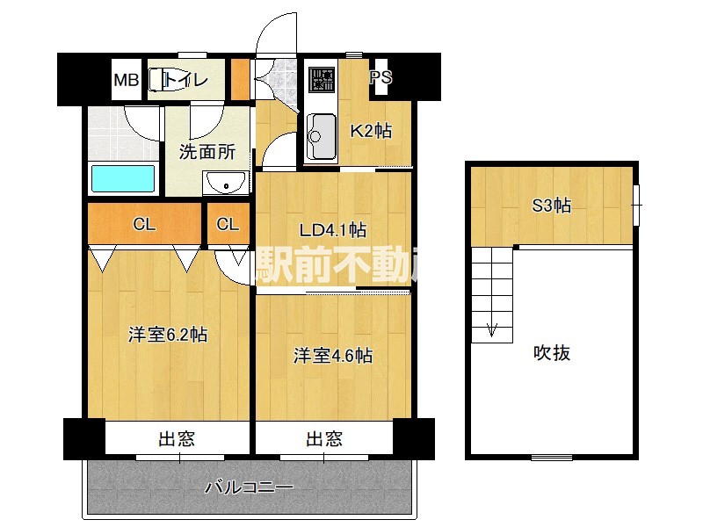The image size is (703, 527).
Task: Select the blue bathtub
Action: pyautogui.click(x=124, y=178)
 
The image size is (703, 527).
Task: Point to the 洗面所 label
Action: pyautogui.click(x=207, y=151)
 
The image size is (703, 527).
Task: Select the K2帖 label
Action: pyautogui.click(x=371, y=131)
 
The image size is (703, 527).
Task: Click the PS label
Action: pyautogui.click(x=380, y=77)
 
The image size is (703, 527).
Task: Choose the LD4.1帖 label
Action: pyautogui.click(x=332, y=230)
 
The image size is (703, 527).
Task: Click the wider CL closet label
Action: pyautogui.click(x=145, y=225)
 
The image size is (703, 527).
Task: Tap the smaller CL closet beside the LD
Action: pyautogui.click(x=228, y=225)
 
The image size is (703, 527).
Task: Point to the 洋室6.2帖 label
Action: pyautogui.click(x=167, y=335)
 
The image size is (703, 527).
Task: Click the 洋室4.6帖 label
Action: pyautogui.click(x=332, y=356)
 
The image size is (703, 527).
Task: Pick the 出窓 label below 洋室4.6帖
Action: pyautogui.click(x=324, y=438)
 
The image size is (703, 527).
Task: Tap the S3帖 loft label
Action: pyautogui.click(x=552, y=206)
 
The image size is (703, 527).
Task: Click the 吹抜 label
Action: pyautogui.click(x=552, y=353)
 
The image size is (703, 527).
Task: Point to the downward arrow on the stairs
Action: pyautogui.click(x=492, y=331)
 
